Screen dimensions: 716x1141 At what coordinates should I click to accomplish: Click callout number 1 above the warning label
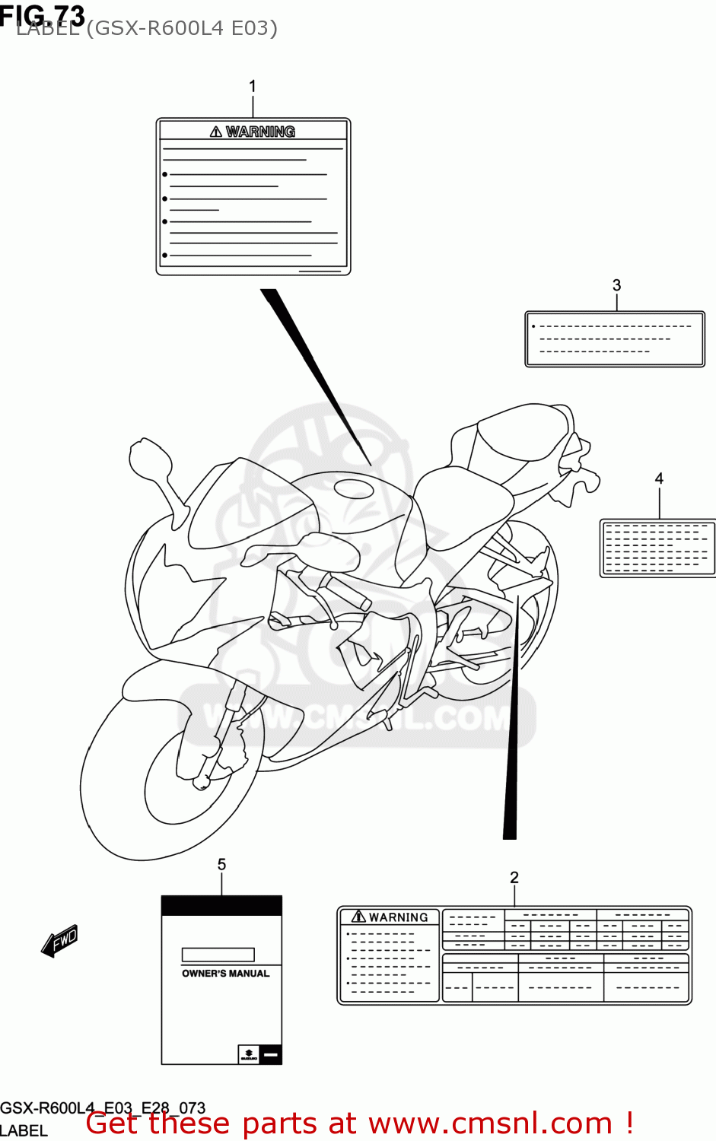click(x=253, y=87)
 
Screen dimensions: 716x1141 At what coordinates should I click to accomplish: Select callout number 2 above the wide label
click(x=514, y=878)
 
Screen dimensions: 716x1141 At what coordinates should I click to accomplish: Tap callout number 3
click(x=616, y=285)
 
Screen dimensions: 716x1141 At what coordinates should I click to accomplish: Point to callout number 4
click(x=659, y=478)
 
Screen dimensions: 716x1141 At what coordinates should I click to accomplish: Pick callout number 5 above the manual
click(x=221, y=864)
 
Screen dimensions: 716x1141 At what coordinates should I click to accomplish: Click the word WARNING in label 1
click(x=260, y=132)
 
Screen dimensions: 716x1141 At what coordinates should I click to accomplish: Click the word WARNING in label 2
click(x=398, y=917)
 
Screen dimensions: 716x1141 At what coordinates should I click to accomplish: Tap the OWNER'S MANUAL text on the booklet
click(x=225, y=974)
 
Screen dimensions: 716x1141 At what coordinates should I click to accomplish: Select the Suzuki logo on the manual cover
click(x=249, y=1054)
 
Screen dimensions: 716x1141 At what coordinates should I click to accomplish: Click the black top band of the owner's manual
click(x=221, y=905)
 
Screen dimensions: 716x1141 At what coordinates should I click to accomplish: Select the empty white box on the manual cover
click(x=218, y=955)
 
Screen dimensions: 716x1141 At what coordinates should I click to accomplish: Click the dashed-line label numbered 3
click(x=615, y=339)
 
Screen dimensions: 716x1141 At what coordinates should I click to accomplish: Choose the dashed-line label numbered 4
click(x=657, y=548)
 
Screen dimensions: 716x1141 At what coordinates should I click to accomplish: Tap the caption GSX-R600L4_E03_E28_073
click(x=103, y=1108)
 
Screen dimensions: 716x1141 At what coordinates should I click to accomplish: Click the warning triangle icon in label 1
click(x=216, y=132)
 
